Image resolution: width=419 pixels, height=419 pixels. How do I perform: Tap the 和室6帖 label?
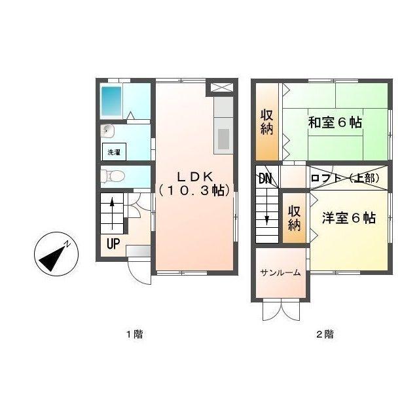pyautogui.click(x=335, y=122)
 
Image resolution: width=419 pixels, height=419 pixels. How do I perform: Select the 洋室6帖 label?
pyautogui.click(x=348, y=218)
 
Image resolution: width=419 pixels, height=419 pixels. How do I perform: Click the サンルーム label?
pyautogui.click(x=280, y=272)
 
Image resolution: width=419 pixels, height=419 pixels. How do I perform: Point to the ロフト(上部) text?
pyautogui.click(x=344, y=177)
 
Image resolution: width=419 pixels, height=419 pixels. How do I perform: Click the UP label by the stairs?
pyautogui.click(x=113, y=245)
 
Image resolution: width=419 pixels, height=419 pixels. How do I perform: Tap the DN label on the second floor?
pyautogui.click(x=265, y=177)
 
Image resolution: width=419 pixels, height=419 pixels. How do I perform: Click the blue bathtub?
pyautogui.click(x=112, y=100)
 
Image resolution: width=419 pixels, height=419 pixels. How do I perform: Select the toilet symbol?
pyautogui.click(x=113, y=175)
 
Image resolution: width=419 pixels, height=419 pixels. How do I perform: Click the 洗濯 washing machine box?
pyautogui.click(x=115, y=152)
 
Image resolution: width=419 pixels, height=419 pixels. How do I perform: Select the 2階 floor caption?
pyautogui.click(x=325, y=335)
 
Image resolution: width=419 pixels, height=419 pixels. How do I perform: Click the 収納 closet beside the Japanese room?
pyautogui.click(x=266, y=122)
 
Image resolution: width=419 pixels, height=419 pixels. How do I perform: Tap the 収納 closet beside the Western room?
pyautogui.click(x=294, y=218)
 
